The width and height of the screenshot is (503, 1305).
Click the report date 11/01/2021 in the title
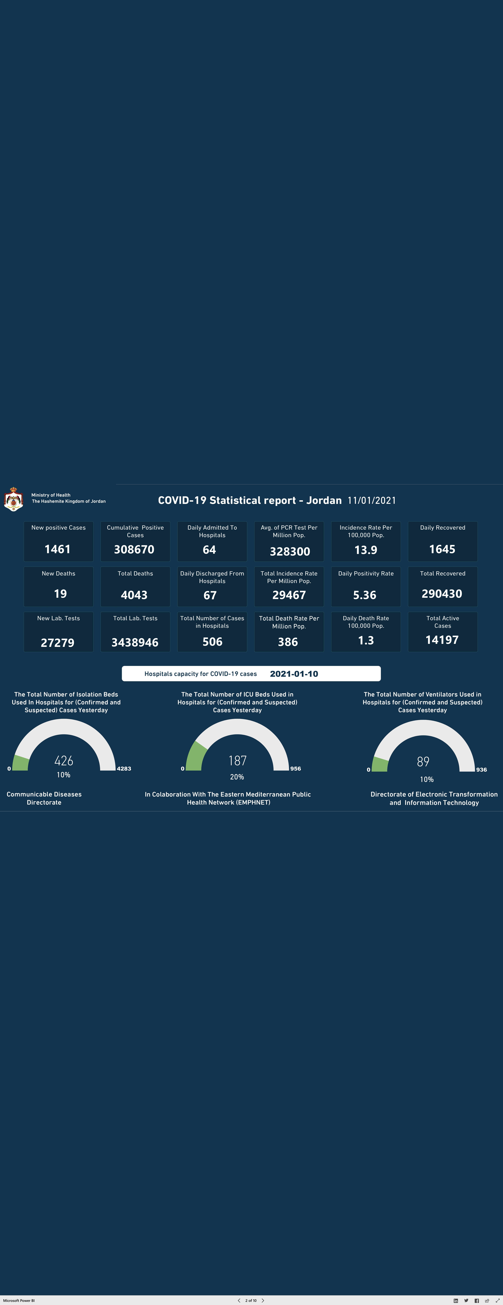(372, 501)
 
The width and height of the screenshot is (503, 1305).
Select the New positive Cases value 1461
(58, 549)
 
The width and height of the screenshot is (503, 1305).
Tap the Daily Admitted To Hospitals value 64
(209, 550)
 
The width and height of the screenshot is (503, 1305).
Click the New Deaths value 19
(60, 594)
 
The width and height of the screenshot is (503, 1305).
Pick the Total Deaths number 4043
(134, 595)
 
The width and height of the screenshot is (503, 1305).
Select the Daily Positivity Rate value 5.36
(365, 595)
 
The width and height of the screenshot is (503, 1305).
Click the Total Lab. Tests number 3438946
(135, 642)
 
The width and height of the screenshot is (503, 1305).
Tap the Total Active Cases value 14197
(442, 640)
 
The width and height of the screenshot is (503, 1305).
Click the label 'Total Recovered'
(443, 573)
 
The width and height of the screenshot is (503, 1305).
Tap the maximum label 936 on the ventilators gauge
(481, 770)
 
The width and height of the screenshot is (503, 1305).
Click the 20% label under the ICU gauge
(237, 777)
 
